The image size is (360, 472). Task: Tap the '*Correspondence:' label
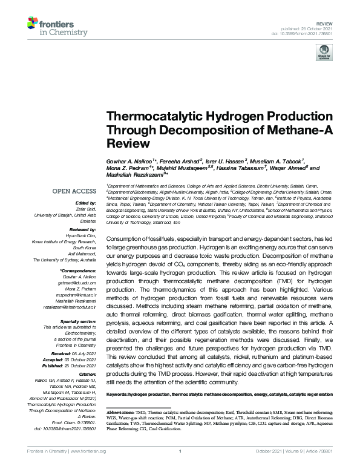(x=79, y=269)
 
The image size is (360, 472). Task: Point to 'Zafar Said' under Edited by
(x=87, y=208)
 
